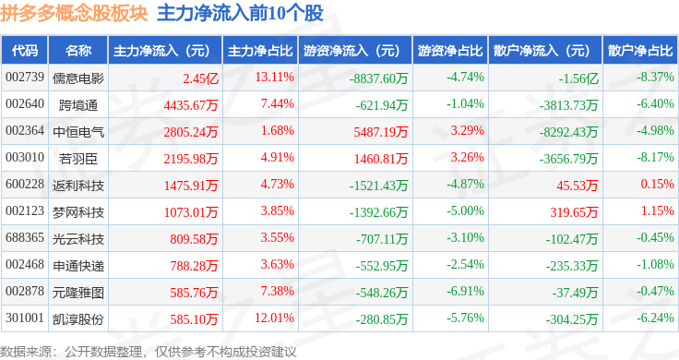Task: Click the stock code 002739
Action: point(25,78)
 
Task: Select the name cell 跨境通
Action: point(78,105)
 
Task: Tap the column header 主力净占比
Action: point(260,51)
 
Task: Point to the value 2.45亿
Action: point(200,78)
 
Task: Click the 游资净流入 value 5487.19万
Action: point(381,132)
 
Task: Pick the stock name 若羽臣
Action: point(78,159)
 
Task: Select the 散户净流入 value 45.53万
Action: point(578,186)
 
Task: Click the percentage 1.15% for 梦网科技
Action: point(658,210)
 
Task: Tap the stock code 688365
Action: point(25,237)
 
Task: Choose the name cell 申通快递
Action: point(78,266)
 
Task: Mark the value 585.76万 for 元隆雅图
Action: point(194,293)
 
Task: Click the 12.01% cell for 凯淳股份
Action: point(274,318)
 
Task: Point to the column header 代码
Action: point(25,51)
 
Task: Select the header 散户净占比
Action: point(640,51)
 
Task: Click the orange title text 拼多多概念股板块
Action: point(74,13)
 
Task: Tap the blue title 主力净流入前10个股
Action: point(241,13)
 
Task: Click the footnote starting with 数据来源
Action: point(149,352)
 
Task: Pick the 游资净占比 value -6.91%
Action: point(465,291)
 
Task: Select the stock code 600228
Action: point(25,184)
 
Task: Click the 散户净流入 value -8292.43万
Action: point(568,132)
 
